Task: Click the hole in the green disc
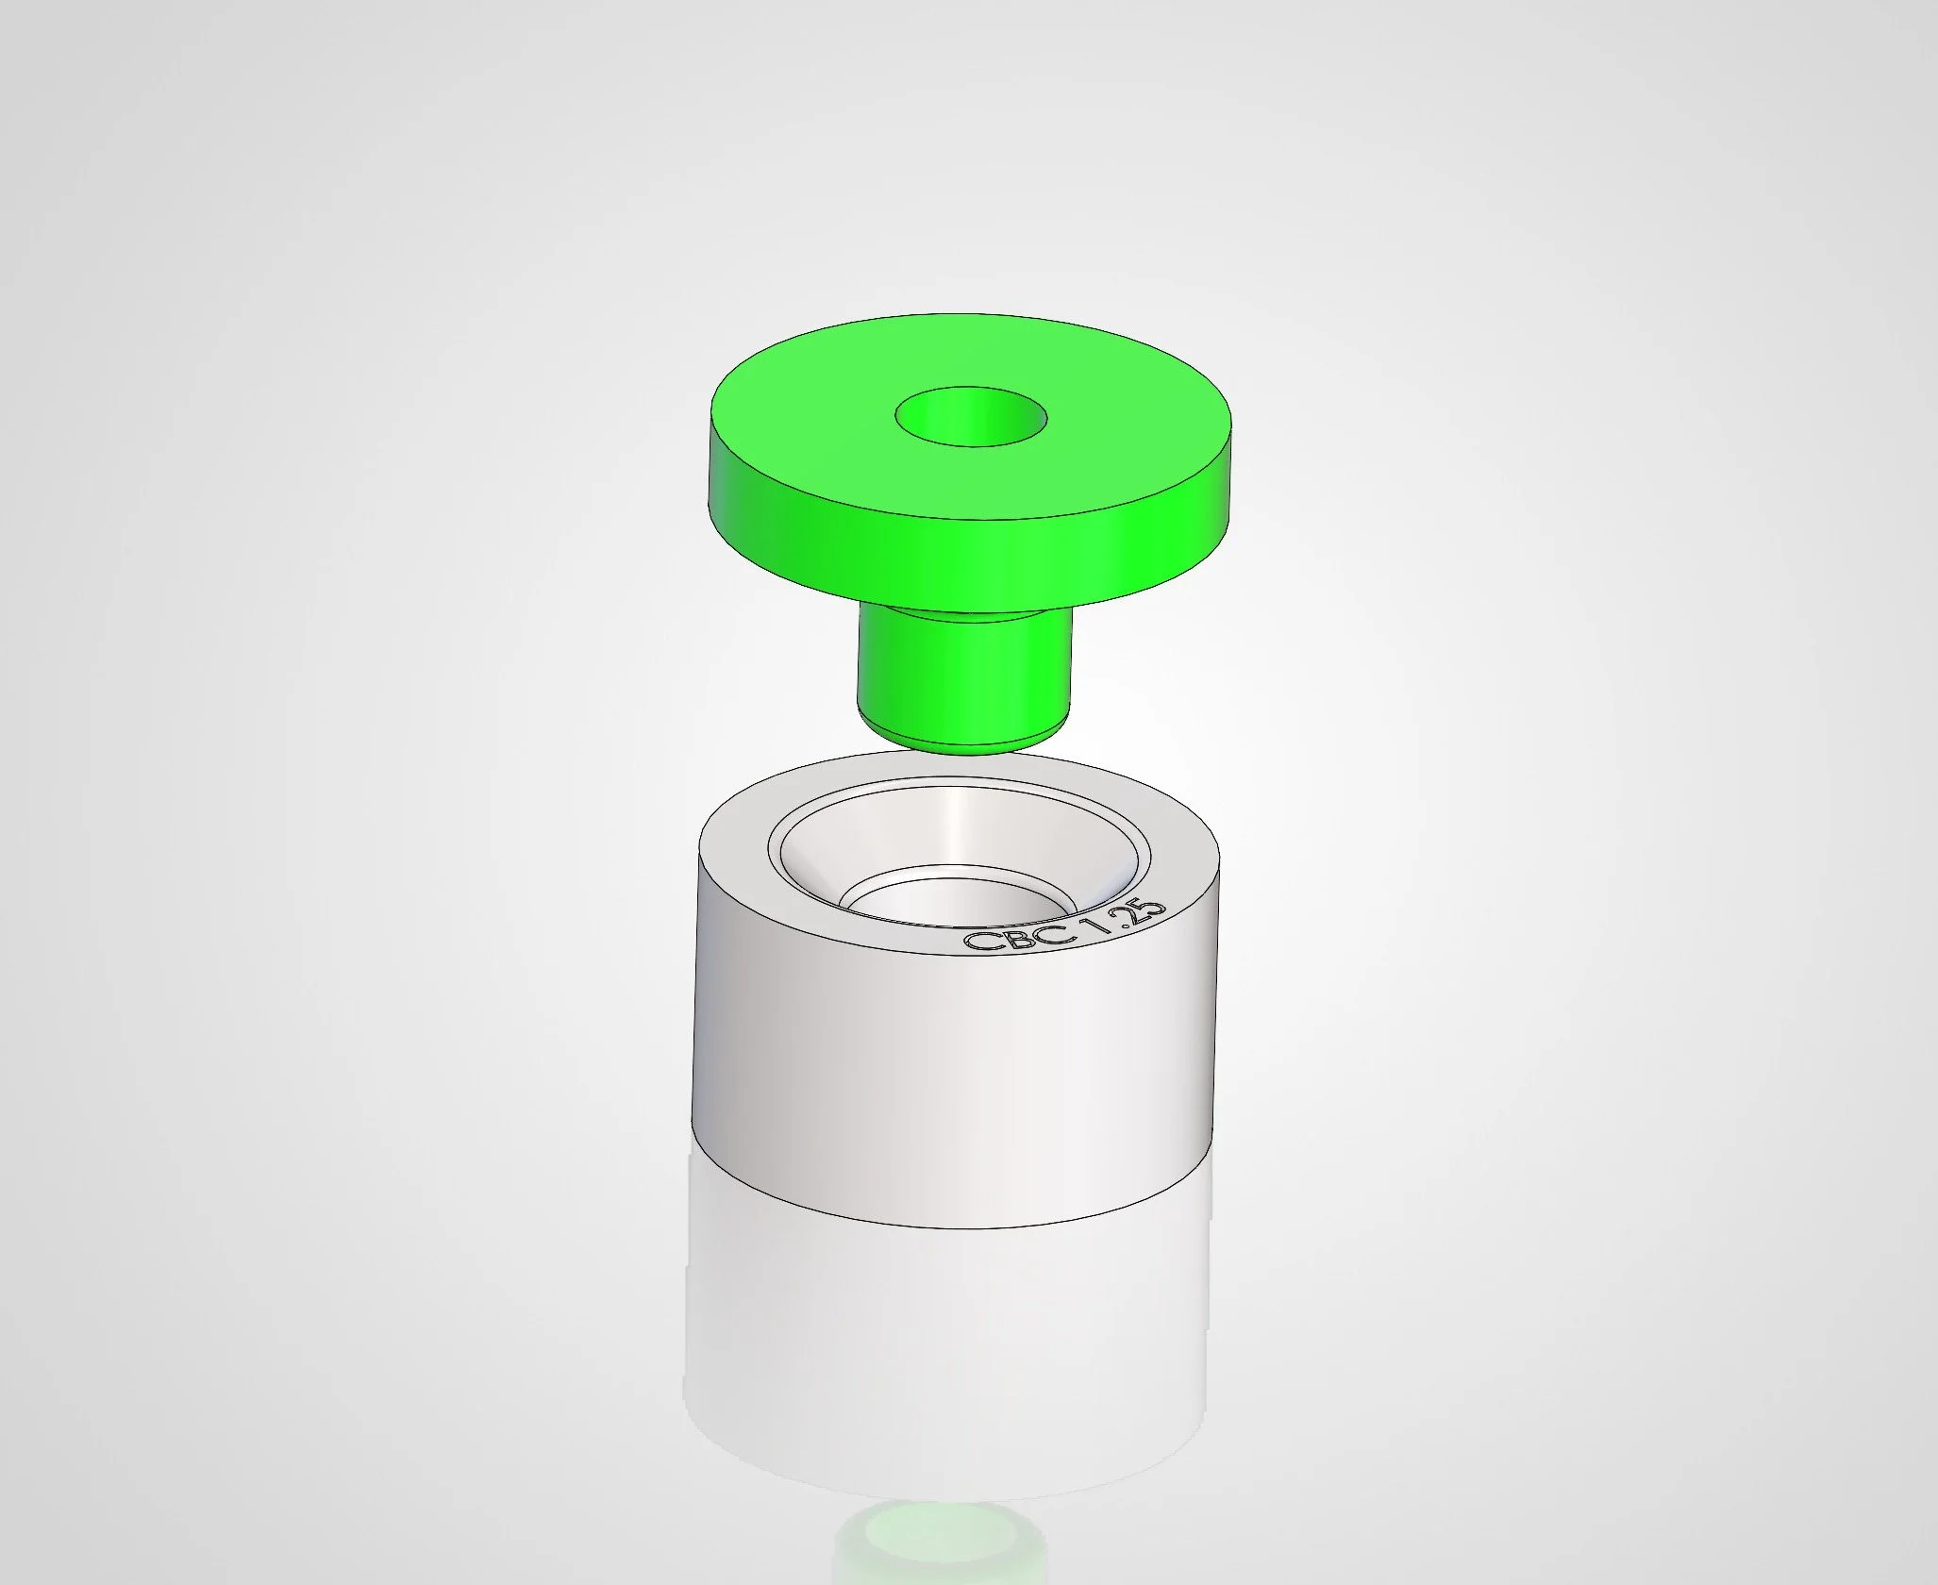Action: pyautogui.click(x=970, y=416)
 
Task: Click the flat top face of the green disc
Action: pyautogui.click(x=970, y=415)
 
